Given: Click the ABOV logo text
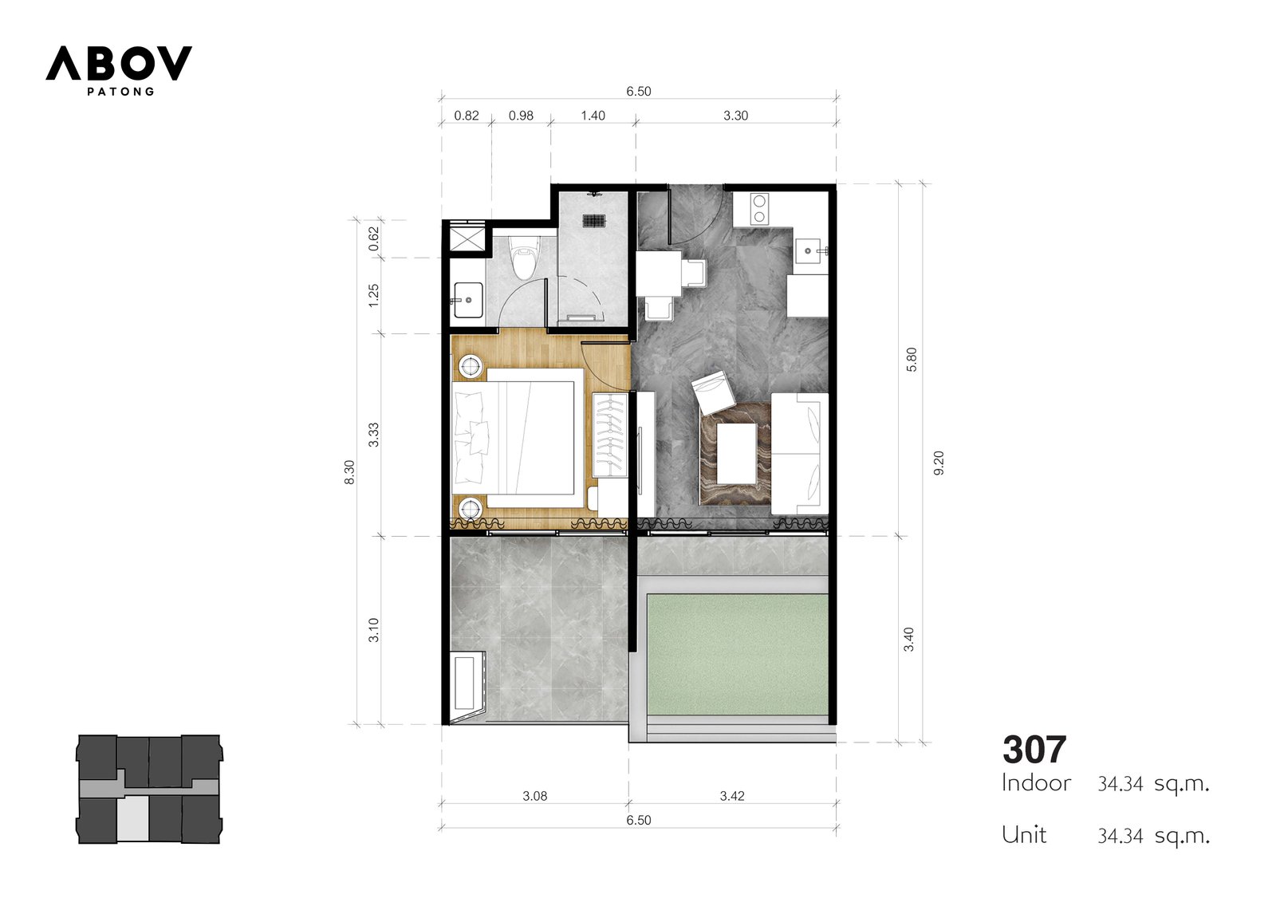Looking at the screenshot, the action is [119, 63].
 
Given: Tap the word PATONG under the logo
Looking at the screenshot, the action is [120, 91].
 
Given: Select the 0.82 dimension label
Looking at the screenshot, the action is [466, 116].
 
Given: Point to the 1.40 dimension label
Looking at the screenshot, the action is [593, 116].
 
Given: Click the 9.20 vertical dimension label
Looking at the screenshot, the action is [939, 463].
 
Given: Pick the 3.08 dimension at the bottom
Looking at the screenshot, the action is [535, 796].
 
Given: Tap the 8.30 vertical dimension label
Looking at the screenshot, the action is [349, 472].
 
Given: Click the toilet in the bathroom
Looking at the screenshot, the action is [523, 258].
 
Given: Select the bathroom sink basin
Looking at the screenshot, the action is [468, 300].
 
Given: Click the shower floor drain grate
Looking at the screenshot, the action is [593, 220].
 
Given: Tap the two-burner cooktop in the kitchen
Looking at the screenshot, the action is [759, 209].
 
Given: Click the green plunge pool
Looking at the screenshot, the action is [738, 654].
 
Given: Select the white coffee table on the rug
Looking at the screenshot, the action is [737, 453].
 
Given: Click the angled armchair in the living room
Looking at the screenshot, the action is [713, 392].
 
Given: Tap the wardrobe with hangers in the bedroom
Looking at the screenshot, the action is [609, 435].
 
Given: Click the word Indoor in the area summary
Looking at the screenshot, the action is [1036, 783].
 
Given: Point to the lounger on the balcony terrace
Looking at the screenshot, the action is [468, 688].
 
